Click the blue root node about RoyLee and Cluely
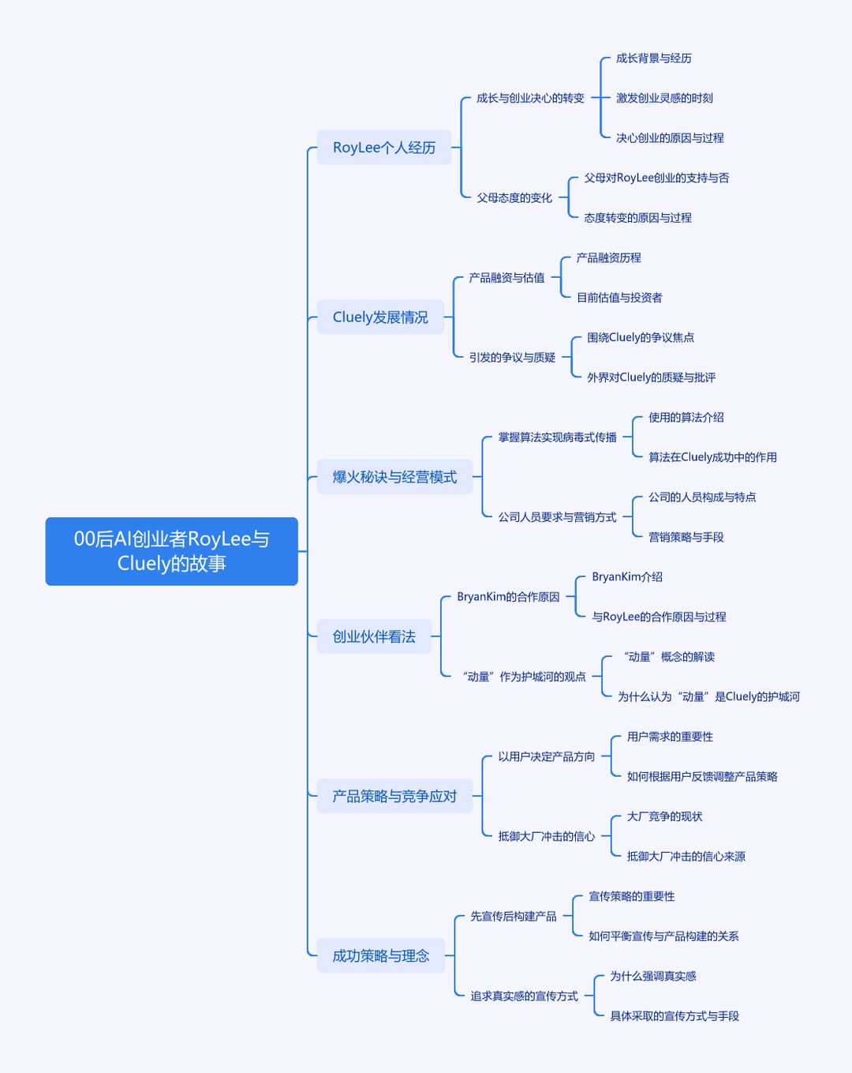tap(171, 551)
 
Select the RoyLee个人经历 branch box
tap(384, 148)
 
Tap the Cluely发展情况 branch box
tap(380, 317)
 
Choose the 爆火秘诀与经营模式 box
tap(394, 477)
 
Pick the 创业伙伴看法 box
tap(374, 636)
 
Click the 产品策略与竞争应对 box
tap(394, 796)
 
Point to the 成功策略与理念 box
tap(381, 955)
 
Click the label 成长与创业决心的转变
tap(530, 98)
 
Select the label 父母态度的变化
tap(514, 198)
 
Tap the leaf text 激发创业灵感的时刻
tap(664, 98)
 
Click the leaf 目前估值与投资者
tap(619, 298)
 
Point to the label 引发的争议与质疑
tap(512, 358)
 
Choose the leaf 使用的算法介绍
tap(686, 418)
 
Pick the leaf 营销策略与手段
tap(686, 537)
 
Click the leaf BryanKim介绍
tap(627, 577)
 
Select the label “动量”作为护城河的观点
tap(524, 677)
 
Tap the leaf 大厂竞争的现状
tap(665, 816)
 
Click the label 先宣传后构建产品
tap(514, 916)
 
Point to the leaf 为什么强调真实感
tap(653, 976)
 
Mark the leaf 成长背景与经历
tap(654, 58)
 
